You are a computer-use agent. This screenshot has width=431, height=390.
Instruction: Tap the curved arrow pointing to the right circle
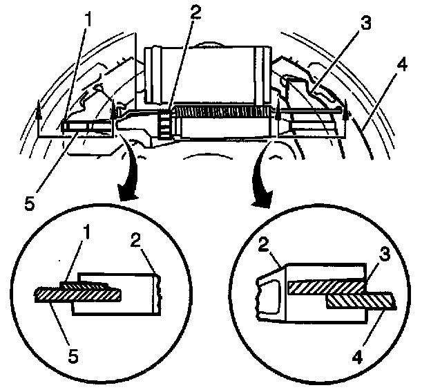(x=265, y=183)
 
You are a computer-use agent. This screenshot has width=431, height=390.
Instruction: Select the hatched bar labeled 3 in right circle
(x=325, y=286)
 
